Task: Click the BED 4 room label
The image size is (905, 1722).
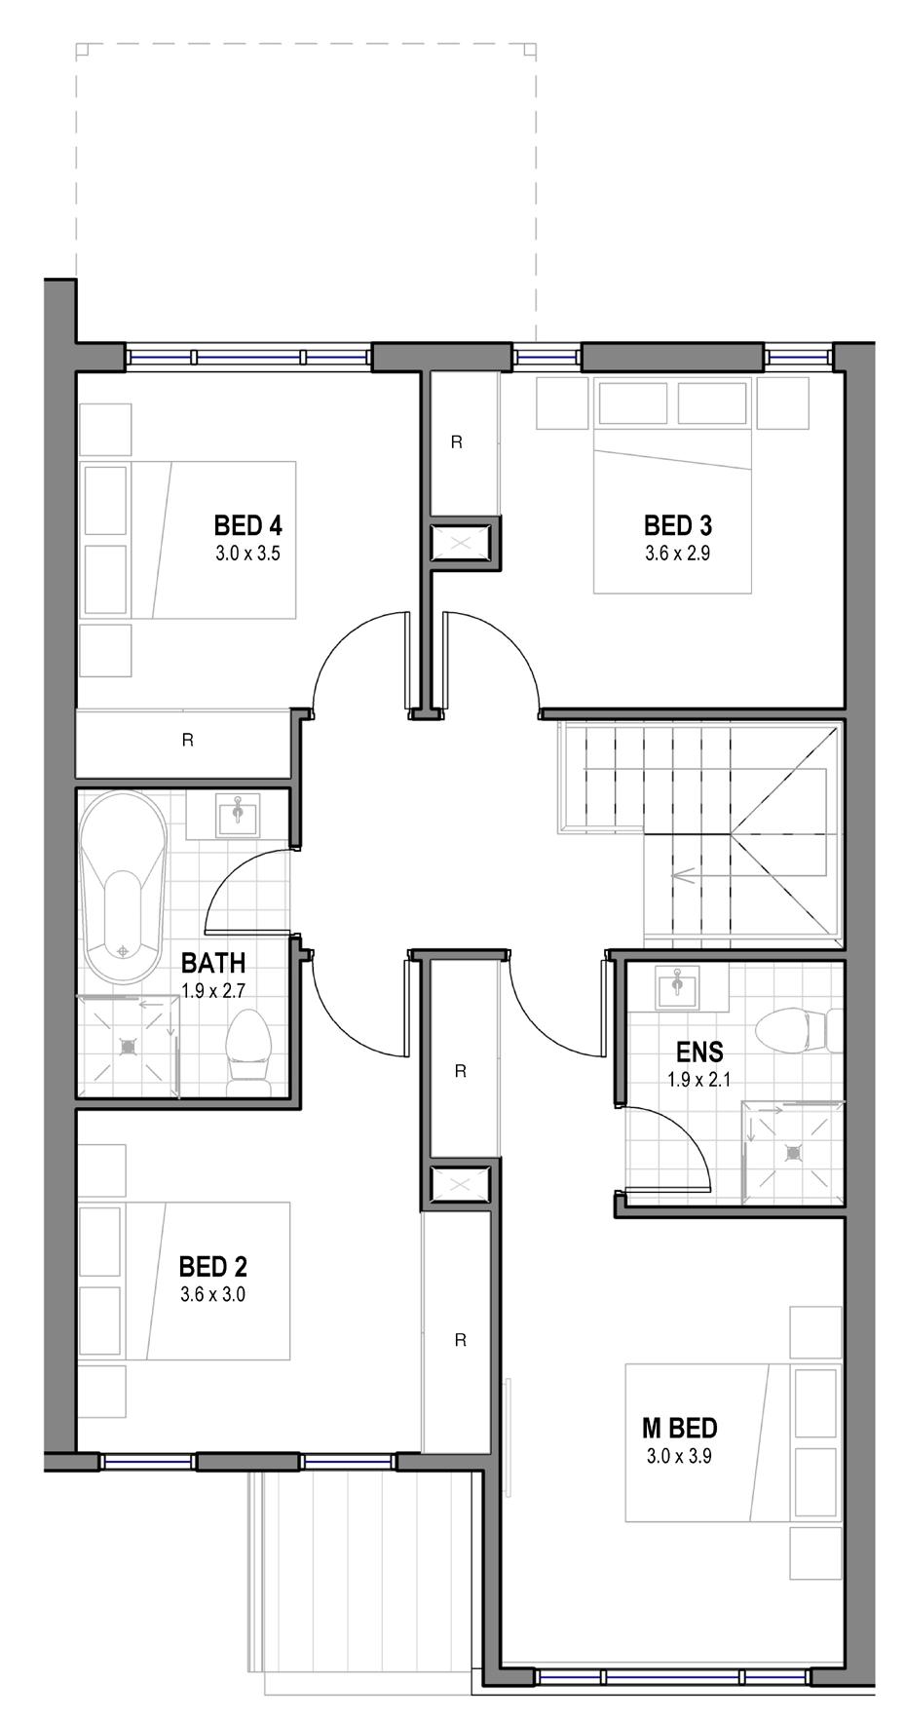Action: pyautogui.click(x=247, y=526)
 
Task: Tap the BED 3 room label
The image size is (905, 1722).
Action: pyautogui.click(x=677, y=526)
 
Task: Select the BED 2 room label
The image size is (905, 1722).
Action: pyautogui.click(x=212, y=1267)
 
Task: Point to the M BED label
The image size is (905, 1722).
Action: pyautogui.click(x=679, y=1429)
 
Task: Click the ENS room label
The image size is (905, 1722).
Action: pyautogui.click(x=699, y=1052)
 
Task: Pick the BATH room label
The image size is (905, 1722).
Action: pyautogui.click(x=213, y=964)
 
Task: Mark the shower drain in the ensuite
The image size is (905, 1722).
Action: pyautogui.click(x=794, y=1152)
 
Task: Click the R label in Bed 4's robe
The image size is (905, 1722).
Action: pyautogui.click(x=188, y=741)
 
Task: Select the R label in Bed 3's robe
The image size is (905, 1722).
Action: pyautogui.click(x=456, y=441)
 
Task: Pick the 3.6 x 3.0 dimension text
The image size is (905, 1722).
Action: pyautogui.click(x=212, y=1296)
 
